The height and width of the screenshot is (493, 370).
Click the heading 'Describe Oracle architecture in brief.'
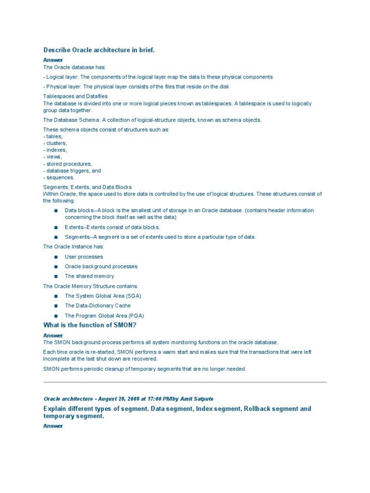coord(99,50)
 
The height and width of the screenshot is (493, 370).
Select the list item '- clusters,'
coord(55,143)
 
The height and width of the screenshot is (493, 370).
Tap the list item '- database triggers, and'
coord(72,171)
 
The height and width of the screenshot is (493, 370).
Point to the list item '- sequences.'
coord(59,178)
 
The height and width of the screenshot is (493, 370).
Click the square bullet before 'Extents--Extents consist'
coord(56,227)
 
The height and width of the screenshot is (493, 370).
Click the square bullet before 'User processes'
coord(56,257)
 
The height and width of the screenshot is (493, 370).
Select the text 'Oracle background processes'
coord(101,267)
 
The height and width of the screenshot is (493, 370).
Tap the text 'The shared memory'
coord(90,276)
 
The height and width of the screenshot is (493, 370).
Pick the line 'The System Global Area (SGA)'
coord(103,296)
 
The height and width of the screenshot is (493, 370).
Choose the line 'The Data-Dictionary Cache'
coord(98,306)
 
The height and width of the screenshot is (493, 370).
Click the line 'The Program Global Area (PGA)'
coord(105,316)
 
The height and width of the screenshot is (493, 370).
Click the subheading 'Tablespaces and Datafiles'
coord(76,97)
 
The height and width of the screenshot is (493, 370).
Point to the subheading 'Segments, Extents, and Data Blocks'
coord(88,187)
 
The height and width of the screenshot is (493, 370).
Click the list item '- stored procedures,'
coord(67,164)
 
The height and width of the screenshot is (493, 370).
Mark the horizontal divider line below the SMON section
coord(185,382)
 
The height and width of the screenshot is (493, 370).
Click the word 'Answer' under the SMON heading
coord(53,335)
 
